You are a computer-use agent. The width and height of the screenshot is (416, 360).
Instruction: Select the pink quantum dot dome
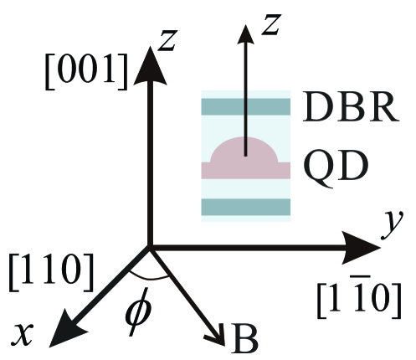coord(244,153)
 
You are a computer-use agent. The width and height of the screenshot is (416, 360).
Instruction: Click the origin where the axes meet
coord(150,246)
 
